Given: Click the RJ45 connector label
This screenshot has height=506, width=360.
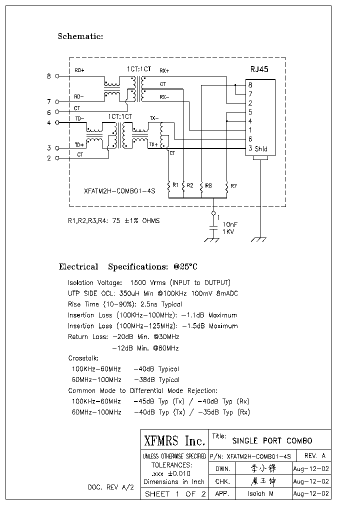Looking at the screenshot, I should pos(259,69).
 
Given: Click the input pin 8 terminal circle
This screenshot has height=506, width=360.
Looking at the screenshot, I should pos(57,76).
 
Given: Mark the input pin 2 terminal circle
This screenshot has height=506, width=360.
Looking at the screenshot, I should pos(57,158).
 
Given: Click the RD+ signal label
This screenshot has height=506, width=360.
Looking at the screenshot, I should pos(79,71).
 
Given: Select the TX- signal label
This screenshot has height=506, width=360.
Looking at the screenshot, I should pos(154,118).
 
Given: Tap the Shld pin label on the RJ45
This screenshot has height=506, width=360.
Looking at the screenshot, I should pos(261,148).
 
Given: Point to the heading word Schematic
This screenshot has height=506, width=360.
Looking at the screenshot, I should pos(80,36).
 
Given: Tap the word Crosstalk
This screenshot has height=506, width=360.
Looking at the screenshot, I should pos(83,358).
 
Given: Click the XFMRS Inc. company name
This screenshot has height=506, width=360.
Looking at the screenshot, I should pos(174,441).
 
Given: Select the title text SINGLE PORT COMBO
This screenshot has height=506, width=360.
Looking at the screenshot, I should pos(272,440).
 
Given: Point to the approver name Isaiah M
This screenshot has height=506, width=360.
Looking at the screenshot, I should pos(260,493).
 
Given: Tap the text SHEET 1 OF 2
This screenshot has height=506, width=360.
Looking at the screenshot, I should pos(175,494).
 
